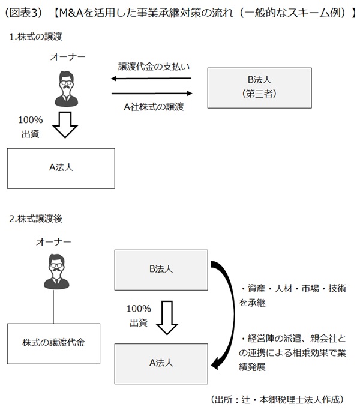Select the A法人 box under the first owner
(61, 169)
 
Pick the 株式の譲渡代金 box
(53, 343)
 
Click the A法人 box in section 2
(160, 362)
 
